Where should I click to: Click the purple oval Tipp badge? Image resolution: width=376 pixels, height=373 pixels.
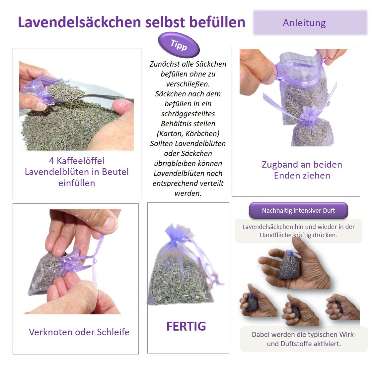tap(179, 45)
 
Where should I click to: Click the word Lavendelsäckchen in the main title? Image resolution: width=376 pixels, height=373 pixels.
tap(79, 22)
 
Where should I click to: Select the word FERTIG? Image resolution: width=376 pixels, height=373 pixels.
tap(186, 326)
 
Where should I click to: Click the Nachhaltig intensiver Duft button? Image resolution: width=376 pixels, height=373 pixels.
tap(298, 211)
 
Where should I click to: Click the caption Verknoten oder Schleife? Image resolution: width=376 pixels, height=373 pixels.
tap(79, 332)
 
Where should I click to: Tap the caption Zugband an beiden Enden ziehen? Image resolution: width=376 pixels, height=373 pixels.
tap(302, 170)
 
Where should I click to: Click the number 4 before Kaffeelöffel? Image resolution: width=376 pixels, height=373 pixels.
tap(51, 161)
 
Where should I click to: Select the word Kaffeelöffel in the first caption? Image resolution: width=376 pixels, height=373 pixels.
tap(81, 161)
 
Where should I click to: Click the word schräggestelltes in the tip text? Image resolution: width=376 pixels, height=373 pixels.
tap(188, 114)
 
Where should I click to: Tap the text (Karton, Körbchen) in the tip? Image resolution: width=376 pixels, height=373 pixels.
tap(188, 133)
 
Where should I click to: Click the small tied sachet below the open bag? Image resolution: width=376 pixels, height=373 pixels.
tap(310, 128)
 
